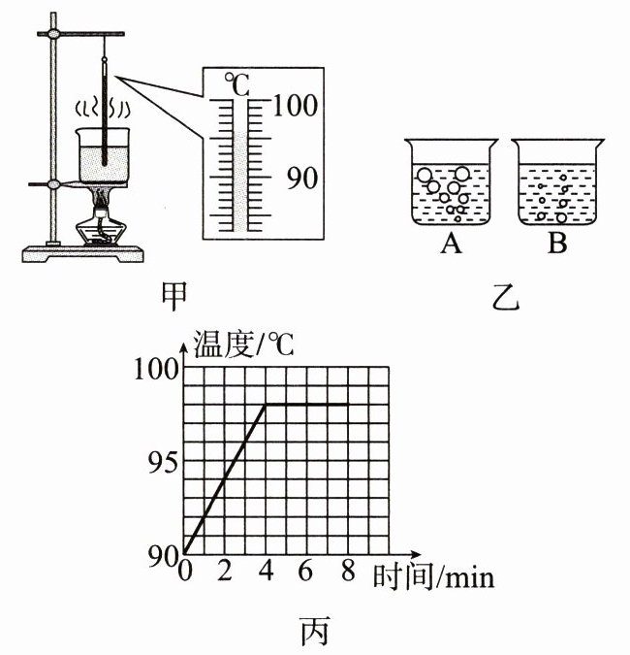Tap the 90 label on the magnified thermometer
300,179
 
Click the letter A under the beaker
450,245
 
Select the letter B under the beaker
556,245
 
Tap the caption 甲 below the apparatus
175,292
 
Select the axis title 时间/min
433,577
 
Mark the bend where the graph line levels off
267,405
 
